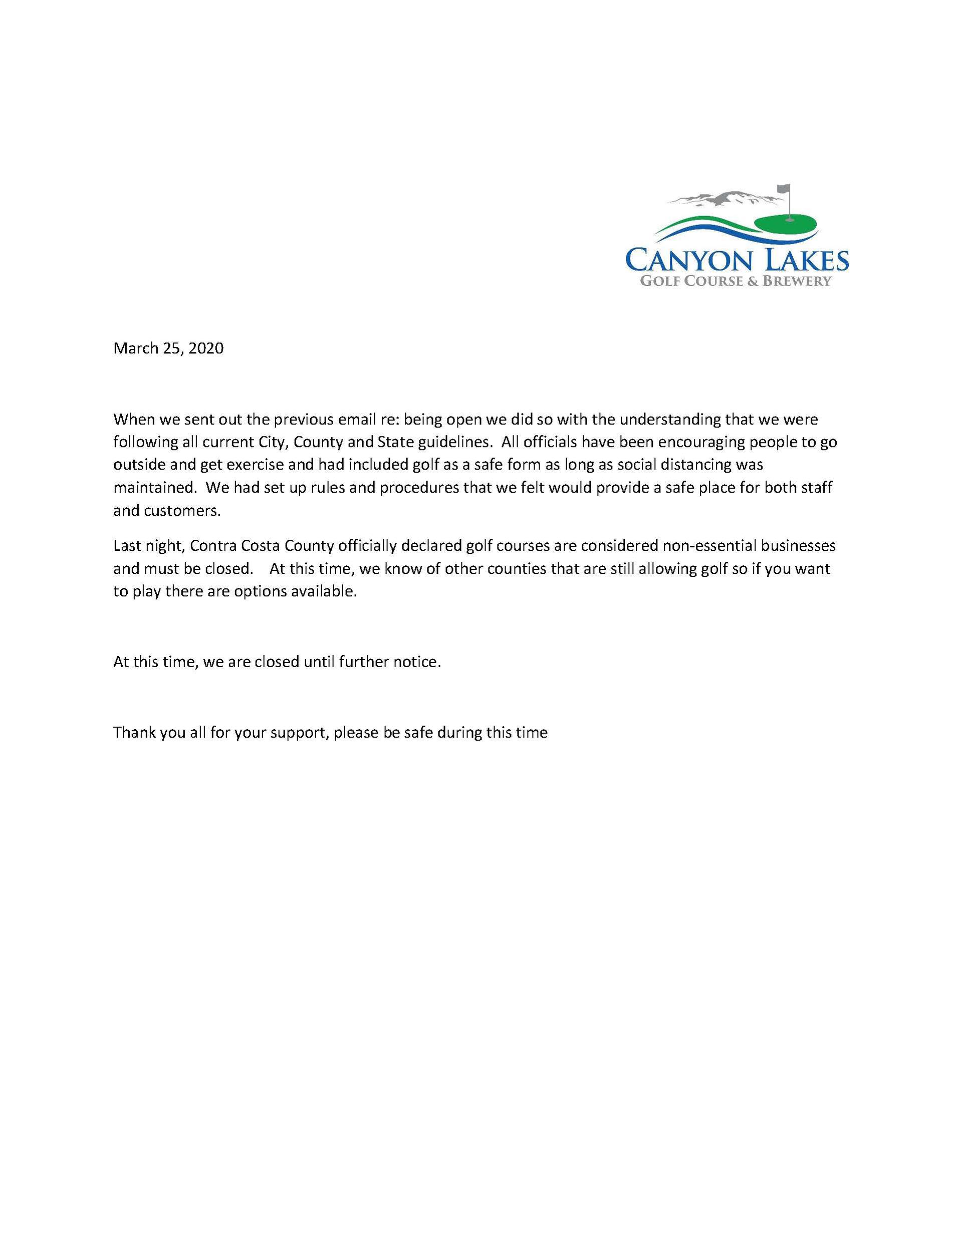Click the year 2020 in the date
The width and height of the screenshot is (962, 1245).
[206, 348]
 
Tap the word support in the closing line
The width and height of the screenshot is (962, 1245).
[297, 733]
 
